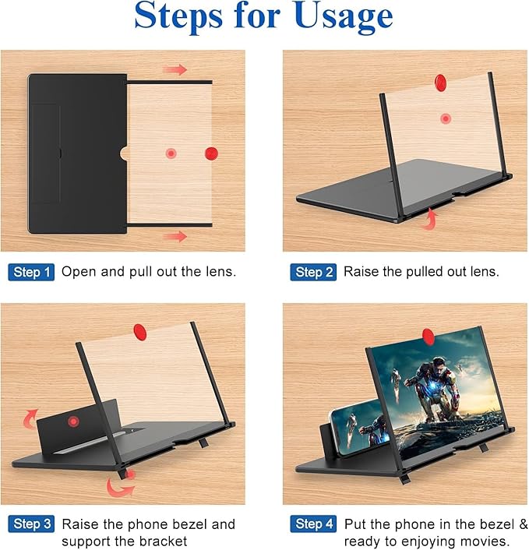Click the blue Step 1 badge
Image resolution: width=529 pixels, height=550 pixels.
pyautogui.click(x=31, y=272)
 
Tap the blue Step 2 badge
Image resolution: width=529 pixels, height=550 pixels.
pyautogui.click(x=313, y=272)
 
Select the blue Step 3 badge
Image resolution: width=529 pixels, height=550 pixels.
pyautogui.click(x=31, y=524)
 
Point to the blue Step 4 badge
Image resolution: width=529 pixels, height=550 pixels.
pyautogui.click(x=313, y=524)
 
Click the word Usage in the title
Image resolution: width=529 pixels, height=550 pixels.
pyautogui.click(x=344, y=16)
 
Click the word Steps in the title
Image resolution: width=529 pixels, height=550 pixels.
pyautogui.click(x=178, y=16)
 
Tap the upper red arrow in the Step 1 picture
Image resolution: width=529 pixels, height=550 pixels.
pyautogui.click(x=175, y=69)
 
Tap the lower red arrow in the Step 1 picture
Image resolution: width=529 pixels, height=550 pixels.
pyautogui.click(x=175, y=236)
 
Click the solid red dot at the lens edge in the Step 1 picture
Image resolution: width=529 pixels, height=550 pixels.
pyautogui.click(x=211, y=153)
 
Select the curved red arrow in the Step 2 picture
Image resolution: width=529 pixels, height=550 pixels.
pyautogui.click(x=430, y=219)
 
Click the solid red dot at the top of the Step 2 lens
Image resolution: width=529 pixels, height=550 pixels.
pyautogui.click(x=440, y=82)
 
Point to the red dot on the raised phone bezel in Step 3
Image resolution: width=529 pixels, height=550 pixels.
pyautogui.click(x=73, y=421)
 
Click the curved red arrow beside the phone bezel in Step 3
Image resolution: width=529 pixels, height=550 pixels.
pyautogui.click(x=30, y=419)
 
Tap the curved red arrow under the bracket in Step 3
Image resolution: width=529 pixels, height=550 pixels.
pyautogui.click(x=119, y=487)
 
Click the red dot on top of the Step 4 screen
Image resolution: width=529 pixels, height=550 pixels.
pyautogui.click(x=428, y=336)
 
